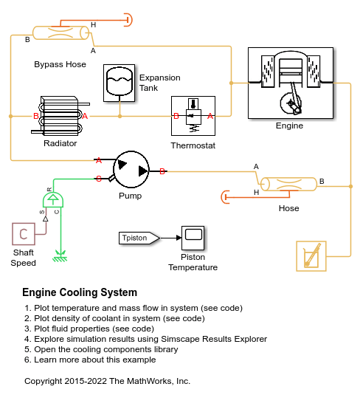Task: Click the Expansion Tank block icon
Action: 119,83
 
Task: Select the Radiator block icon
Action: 60,116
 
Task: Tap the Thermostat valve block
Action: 193,116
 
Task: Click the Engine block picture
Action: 291,83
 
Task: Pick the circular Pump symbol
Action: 131,169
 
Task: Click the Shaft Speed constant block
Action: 24,234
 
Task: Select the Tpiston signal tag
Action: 139,238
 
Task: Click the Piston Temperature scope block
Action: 193,238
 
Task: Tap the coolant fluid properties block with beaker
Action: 311,256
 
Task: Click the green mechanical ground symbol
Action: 60,256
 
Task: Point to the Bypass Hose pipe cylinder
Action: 61,32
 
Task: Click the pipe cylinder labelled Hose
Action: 288,184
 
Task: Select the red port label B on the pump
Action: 162,171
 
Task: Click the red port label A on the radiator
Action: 85,116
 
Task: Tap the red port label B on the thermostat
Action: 176,116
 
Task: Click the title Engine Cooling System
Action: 80,292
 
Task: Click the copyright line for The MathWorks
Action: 107,381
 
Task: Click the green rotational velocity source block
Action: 53,199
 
